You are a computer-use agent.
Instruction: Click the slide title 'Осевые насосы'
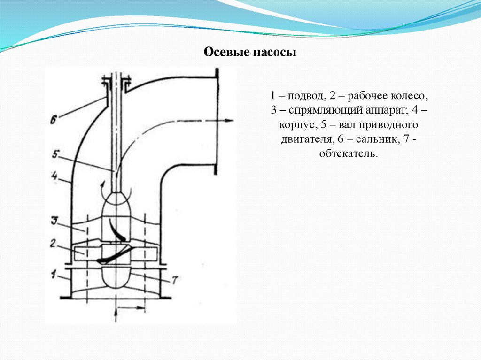[x=249, y=52]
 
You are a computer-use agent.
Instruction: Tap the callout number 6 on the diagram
[x=54, y=120]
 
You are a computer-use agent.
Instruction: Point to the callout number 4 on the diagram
[x=54, y=177]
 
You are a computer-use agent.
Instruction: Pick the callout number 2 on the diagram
[x=54, y=244]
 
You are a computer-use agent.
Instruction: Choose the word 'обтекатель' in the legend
[x=348, y=154]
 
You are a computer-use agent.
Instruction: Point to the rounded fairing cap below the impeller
[x=116, y=276]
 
